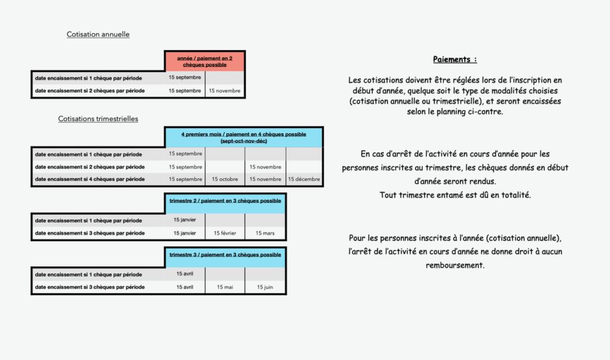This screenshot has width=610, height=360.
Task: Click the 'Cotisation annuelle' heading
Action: [98, 34]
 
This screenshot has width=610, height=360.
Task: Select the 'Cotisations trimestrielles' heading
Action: [98, 119]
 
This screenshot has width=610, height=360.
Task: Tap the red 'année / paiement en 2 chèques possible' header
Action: [205, 61]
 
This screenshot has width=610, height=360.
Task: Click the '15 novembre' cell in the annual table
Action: [225, 91]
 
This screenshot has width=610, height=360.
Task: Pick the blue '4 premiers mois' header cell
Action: [244, 137]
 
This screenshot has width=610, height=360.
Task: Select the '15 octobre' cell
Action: [225, 179]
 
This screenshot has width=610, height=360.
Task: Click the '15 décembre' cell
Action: [304, 179]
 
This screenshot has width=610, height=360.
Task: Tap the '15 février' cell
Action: [225, 233]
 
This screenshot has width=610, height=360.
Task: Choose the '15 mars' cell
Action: [265, 233]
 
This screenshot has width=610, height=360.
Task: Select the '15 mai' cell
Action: [225, 287]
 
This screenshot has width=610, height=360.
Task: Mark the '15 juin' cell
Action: [265, 287]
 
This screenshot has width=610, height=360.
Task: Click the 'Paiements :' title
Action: [455, 59]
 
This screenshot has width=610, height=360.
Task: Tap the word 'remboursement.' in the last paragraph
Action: [455, 265]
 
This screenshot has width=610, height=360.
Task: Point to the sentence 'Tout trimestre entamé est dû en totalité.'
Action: [455, 195]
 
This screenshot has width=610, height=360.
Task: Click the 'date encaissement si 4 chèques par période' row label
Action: [90, 179]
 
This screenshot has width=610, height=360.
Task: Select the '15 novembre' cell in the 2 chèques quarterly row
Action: [265, 166]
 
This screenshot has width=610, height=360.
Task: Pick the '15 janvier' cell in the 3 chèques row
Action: [185, 233]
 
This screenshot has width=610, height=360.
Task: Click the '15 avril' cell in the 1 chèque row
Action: [185, 274]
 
